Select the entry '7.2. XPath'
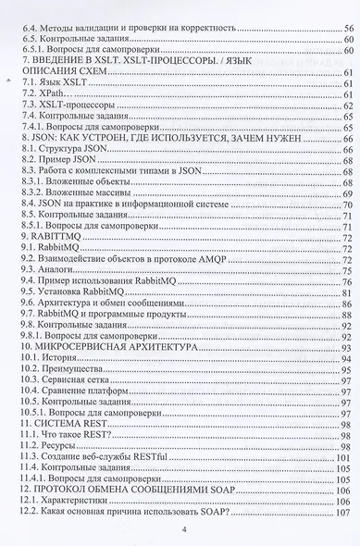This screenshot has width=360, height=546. (x=46, y=95)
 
